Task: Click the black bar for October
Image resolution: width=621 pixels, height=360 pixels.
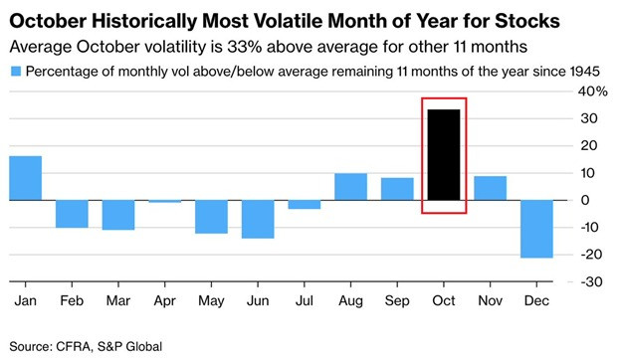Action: tap(444, 155)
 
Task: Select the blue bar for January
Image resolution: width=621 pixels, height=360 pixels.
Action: tap(25, 178)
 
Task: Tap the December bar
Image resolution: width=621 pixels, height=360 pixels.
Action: tap(536, 229)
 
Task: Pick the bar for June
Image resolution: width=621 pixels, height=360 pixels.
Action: tap(258, 219)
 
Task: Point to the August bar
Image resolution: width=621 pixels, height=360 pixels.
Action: tap(351, 187)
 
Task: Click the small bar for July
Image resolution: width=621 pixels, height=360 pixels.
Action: tap(305, 205)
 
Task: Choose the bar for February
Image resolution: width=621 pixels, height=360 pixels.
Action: tap(72, 214)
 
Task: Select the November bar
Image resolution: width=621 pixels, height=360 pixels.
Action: tap(491, 188)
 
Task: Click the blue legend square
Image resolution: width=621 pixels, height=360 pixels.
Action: tap(16, 72)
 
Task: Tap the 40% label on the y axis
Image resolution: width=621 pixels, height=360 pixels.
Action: tap(592, 91)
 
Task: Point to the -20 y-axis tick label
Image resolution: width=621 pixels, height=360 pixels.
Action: tap(591, 255)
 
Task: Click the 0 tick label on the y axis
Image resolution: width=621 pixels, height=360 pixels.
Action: tap(584, 200)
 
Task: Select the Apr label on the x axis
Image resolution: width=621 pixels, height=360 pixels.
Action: tap(165, 301)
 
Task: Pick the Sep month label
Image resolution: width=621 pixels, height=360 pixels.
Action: tap(397, 301)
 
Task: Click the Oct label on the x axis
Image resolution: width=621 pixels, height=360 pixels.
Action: tap(444, 300)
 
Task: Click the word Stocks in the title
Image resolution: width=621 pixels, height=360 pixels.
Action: tap(527, 21)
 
